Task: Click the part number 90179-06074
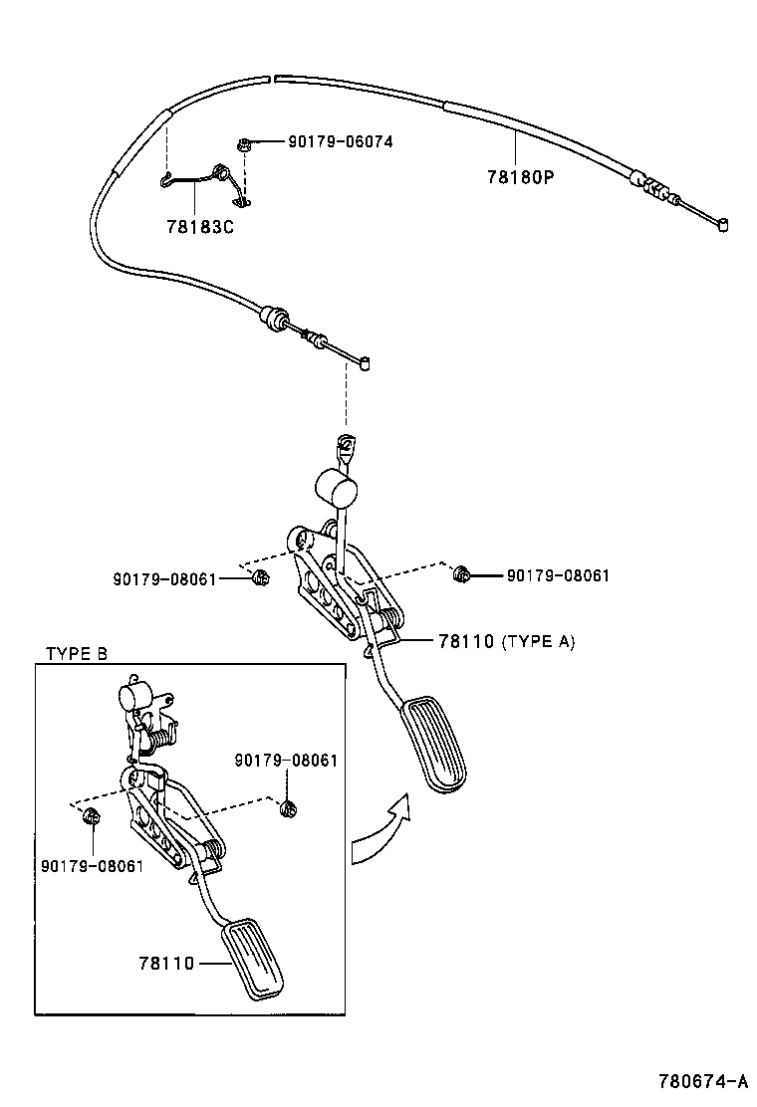pyautogui.click(x=340, y=142)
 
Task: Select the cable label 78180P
pyautogui.click(x=519, y=176)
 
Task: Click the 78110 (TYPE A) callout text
pyautogui.click(x=505, y=642)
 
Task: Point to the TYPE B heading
pyautogui.click(x=76, y=654)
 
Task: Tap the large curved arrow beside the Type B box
pyautogui.click(x=381, y=830)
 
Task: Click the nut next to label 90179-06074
pyautogui.click(x=243, y=145)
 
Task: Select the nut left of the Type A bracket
pyautogui.click(x=260, y=578)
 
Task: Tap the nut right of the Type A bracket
pyautogui.click(x=461, y=574)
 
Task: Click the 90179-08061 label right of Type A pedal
pyautogui.click(x=558, y=575)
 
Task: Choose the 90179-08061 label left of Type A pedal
pyautogui.click(x=164, y=578)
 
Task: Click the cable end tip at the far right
pyautogui.click(x=722, y=225)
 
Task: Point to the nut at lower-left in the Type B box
pyautogui.click(x=91, y=816)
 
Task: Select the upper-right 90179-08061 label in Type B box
pyautogui.click(x=286, y=761)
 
